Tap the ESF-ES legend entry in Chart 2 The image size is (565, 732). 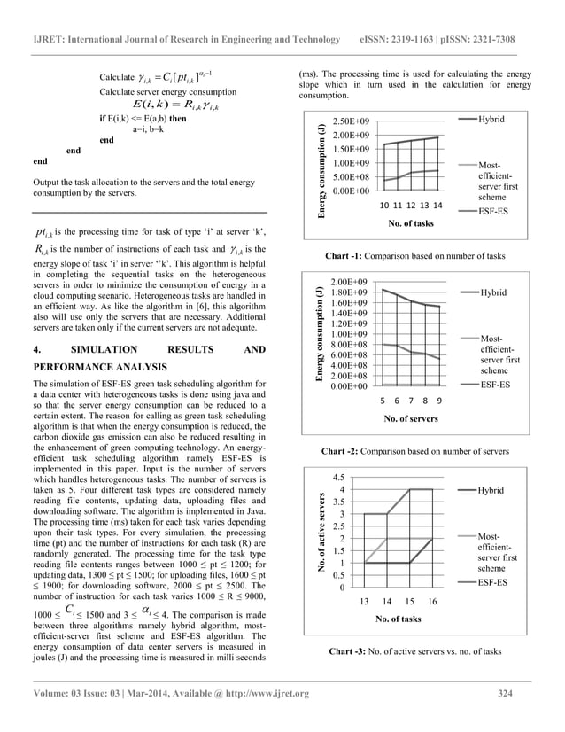[x=493, y=385]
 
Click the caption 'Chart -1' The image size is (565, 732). [x=347, y=256]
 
